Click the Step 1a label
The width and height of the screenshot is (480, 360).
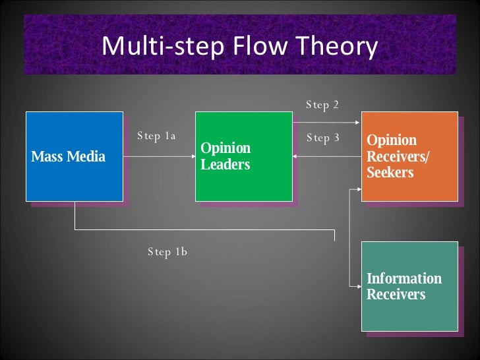(x=156, y=136)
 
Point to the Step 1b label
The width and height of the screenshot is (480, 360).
(x=167, y=251)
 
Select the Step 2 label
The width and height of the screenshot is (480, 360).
(x=322, y=105)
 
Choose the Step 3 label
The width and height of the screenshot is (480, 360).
(x=323, y=138)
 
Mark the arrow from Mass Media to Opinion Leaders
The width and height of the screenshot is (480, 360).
(x=158, y=157)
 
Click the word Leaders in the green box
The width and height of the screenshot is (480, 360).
(x=225, y=164)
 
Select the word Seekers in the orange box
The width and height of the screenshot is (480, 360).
(x=390, y=173)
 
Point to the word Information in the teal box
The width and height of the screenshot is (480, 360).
(x=404, y=278)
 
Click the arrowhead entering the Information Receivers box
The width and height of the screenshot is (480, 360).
(x=359, y=286)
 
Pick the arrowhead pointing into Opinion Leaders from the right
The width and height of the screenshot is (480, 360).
(x=296, y=156)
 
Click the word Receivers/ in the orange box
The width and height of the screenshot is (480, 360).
(x=398, y=157)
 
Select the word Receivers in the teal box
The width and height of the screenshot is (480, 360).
(x=396, y=294)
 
